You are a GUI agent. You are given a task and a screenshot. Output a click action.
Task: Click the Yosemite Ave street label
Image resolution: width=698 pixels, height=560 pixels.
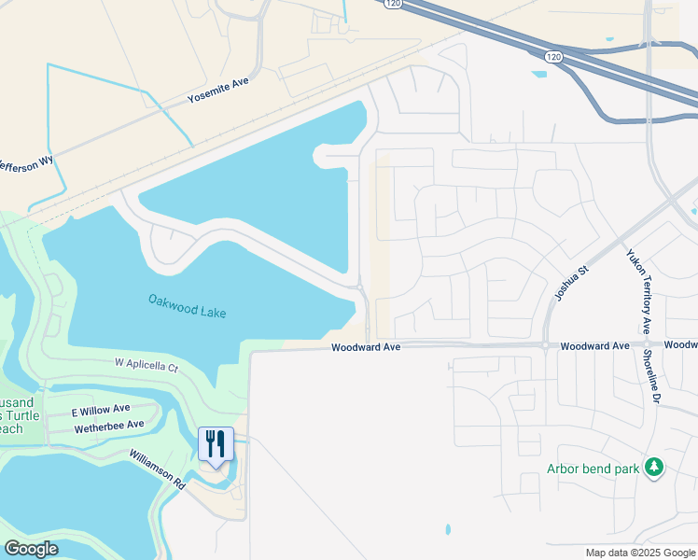(x=218, y=90)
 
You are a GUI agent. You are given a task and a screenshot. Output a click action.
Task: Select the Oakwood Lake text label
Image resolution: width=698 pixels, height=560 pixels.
(x=187, y=305)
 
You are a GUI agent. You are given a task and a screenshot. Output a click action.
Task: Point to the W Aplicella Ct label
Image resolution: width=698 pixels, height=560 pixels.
(x=146, y=364)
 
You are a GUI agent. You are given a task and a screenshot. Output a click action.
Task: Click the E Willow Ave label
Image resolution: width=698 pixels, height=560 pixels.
(x=101, y=410)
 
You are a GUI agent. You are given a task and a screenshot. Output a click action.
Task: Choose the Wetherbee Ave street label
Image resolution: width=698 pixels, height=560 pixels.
(x=108, y=425)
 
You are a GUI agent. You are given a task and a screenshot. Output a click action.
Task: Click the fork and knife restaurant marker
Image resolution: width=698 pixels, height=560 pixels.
(x=216, y=444)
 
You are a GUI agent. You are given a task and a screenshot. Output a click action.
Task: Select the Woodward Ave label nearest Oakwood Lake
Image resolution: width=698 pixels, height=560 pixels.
(x=366, y=347)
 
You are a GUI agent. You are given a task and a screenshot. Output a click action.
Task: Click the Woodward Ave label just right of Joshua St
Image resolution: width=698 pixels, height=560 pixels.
(x=594, y=346)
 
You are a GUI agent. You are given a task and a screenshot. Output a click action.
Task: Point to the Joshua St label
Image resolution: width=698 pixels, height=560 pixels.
(x=572, y=282)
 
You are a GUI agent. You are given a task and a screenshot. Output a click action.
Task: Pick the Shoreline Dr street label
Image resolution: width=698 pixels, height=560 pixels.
(x=656, y=384)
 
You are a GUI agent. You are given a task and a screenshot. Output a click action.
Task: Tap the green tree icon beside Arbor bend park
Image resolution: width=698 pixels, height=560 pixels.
(x=654, y=466)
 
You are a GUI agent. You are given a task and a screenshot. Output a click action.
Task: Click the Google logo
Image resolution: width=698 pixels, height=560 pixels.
(x=31, y=549)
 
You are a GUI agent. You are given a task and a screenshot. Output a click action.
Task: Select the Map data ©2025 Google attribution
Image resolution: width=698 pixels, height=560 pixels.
(x=638, y=553)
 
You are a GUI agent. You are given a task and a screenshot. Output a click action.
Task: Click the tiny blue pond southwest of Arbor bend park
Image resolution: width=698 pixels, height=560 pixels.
(x=448, y=530)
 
